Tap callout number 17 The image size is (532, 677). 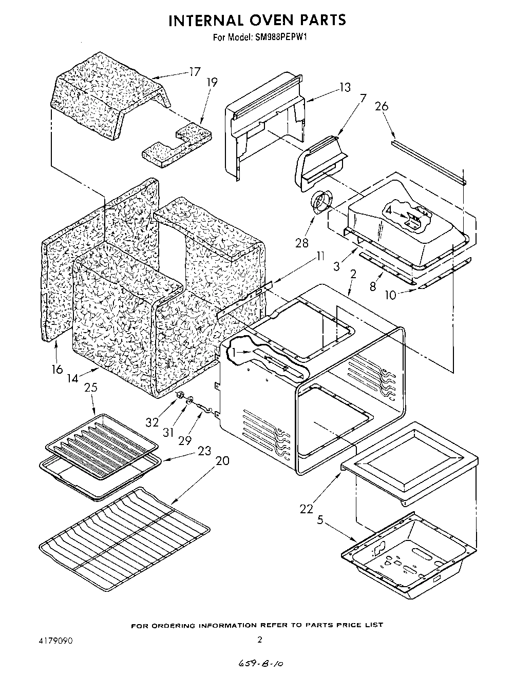(x=194, y=72)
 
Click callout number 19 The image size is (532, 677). (x=212, y=82)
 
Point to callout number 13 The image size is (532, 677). (x=345, y=87)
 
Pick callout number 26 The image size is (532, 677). (x=382, y=106)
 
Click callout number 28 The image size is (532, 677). (x=301, y=242)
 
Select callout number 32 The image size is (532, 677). (x=152, y=422)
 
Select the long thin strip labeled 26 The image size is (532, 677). (x=428, y=161)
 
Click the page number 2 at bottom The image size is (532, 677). (x=260, y=640)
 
